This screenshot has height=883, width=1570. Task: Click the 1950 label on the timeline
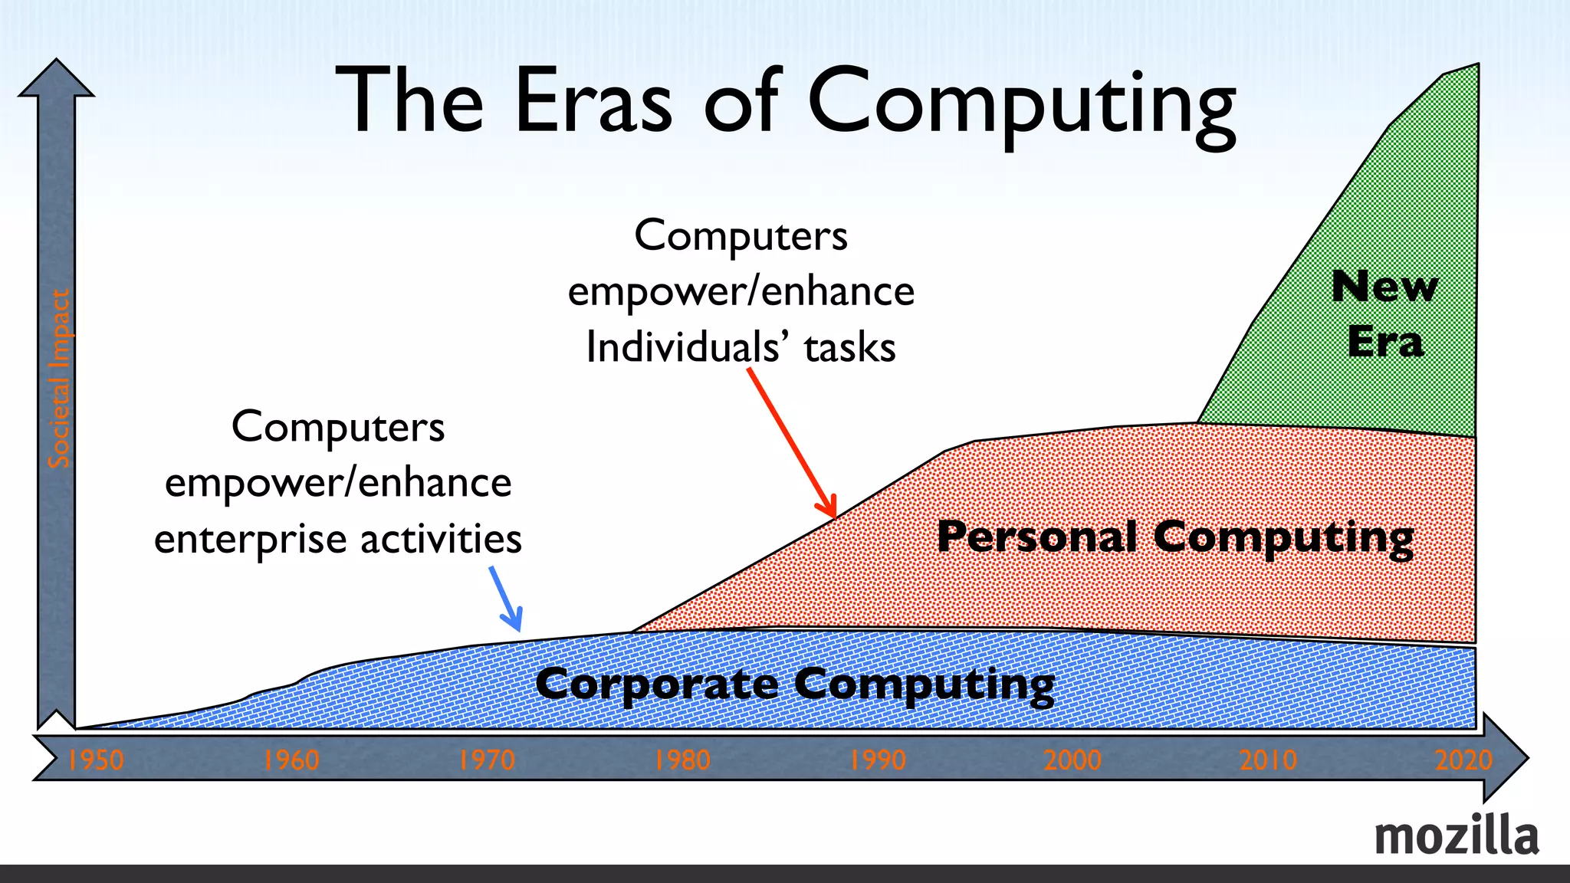click(x=96, y=760)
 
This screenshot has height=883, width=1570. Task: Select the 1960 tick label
click(x=291, y=760)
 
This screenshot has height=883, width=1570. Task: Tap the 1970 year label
click(x=487, y=760)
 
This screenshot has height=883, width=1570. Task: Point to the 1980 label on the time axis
click(x=682, y=760)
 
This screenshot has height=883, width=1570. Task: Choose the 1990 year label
click(x=878, y=760)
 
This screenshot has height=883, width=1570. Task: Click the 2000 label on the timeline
click(x=1072, y=760)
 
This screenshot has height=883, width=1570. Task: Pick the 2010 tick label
click(x=1268, y=760)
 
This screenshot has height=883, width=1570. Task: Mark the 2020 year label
click(x=1463, y=760)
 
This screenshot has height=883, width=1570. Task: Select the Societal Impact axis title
click(x=59, y=379)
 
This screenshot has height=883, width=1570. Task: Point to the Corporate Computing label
click(x=795, y=684)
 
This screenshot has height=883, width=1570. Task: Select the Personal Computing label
click(x=1175, y=537)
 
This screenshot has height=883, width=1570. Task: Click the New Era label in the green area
click(x=1385, y=313)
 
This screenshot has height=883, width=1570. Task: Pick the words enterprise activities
click(x=338, y=539)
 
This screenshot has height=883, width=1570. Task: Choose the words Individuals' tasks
click(x=741, y=347)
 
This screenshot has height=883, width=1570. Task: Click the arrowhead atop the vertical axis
click(x=56, y=79)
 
